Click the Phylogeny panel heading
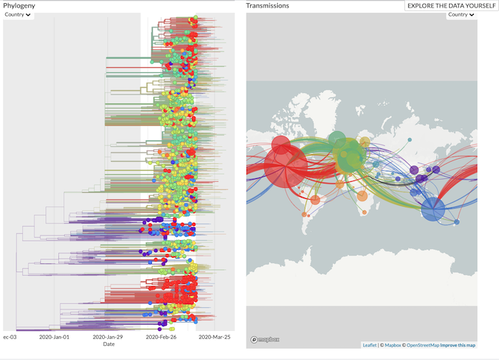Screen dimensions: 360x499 point(19,5)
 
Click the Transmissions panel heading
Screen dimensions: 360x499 point(268,5)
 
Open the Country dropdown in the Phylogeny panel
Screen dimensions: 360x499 point(18,15)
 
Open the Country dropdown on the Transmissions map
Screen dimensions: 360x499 point(461,15)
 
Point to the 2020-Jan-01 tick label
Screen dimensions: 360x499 point(55,337)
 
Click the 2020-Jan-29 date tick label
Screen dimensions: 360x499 point(109,337)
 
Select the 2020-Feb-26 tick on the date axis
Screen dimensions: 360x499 point(162,337)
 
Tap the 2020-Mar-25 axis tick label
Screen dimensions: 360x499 point(215,337)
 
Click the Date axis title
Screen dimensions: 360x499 point(109,344)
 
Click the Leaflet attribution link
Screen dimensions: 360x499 point(369,345)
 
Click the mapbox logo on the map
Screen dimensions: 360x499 point(265,339)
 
